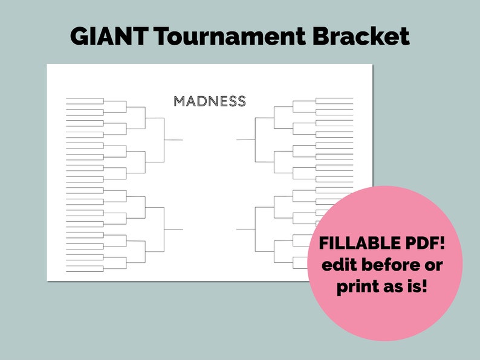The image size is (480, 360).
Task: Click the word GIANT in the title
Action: tap(109, 37)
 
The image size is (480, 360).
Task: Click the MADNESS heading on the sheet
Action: tap(210, 101)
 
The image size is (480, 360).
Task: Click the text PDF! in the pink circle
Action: tap(429, 243)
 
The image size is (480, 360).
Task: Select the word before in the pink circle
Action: tap(390, 265)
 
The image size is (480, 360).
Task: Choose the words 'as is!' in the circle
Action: tap(406, 286)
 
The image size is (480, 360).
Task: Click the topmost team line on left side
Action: tap(85, 98)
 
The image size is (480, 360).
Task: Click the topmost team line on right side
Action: tap(334, 98)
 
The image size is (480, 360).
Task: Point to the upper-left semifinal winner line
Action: tap(174, 140)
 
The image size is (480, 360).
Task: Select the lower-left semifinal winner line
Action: tap(174, 230)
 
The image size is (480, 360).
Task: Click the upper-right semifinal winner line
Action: tap(245, 140)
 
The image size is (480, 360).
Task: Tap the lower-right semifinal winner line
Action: tap(245, 229)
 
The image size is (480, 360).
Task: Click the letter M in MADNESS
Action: tap(179, 101)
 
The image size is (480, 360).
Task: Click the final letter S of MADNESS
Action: tap(241, 101)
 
